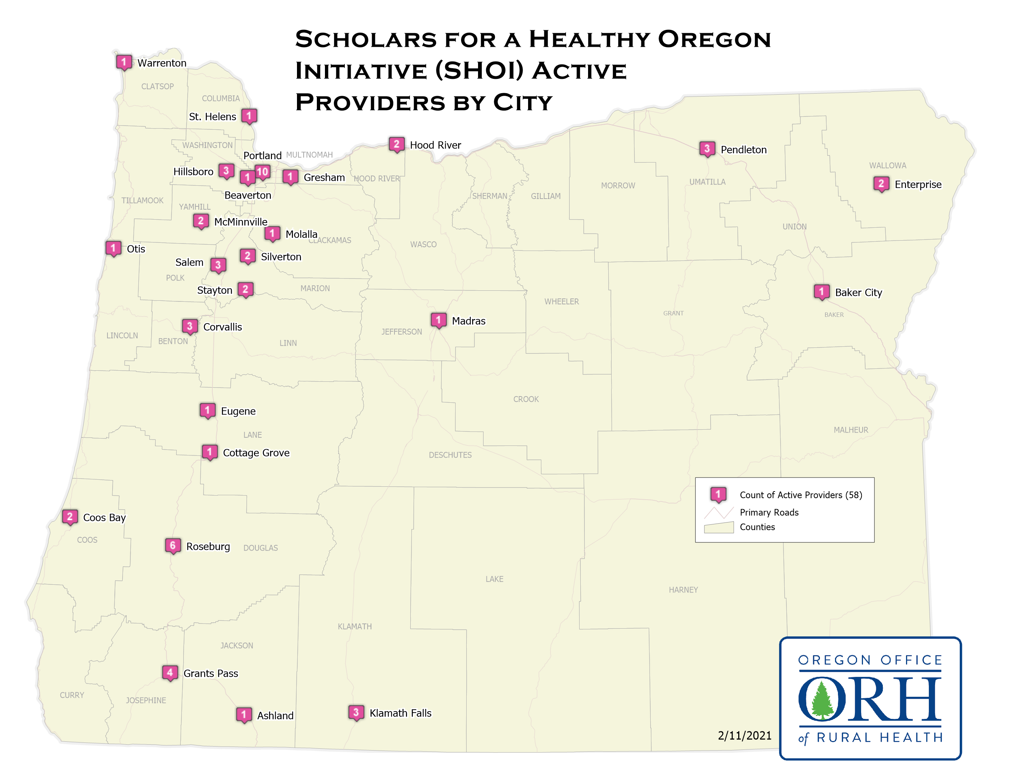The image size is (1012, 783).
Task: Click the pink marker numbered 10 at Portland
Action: coord(262,172)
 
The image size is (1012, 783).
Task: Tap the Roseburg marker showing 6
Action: coord(172,545)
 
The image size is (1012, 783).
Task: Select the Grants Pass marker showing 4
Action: coord(170,672)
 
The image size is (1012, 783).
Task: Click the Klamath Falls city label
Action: coord(400,713)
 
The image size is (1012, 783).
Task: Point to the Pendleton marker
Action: coord(707,149)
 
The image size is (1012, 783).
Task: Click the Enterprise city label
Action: coord(917,185)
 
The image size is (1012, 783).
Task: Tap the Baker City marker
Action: coord(821,292)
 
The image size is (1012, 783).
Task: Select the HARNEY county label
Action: coord(683,590)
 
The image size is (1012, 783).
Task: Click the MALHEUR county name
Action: coord(851,430)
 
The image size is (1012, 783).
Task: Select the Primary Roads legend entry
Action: coord(769,512)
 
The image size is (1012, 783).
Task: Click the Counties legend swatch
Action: coord(718,527)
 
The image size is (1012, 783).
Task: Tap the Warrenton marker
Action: coord(124,62)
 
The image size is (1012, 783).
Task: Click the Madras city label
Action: coord(468,321)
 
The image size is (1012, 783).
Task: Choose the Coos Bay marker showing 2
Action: coord(70,516)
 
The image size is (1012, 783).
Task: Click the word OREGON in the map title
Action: coord(714,39)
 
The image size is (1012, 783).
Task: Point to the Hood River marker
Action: coord(396,145)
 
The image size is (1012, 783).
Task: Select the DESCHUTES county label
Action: coord(450,455)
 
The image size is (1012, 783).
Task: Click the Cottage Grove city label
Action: coord(256,453)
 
